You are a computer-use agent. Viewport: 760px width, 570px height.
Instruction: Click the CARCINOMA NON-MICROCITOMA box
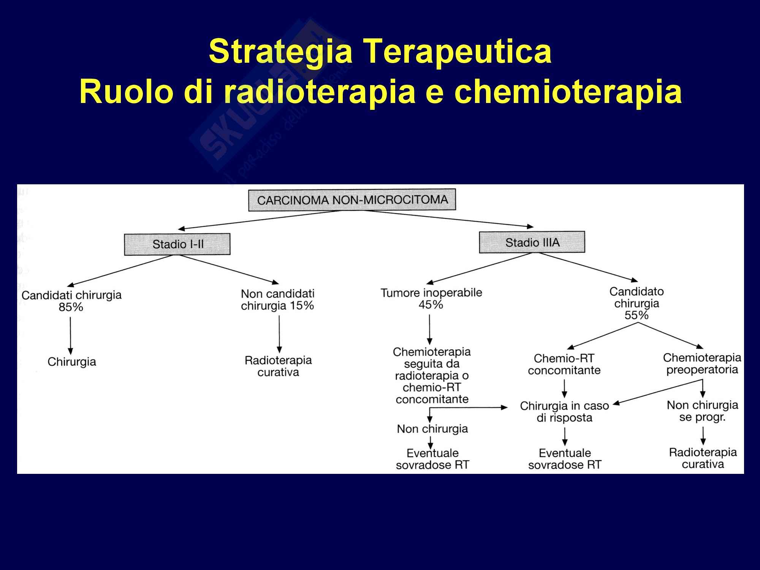(352, 200)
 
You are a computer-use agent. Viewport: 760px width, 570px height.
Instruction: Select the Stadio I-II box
(177, 244)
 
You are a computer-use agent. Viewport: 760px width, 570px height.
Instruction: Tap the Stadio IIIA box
(532, 242)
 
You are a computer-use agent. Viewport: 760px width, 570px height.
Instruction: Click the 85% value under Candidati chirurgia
(71, 307)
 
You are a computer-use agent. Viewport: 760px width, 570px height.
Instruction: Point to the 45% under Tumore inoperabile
(431, 305)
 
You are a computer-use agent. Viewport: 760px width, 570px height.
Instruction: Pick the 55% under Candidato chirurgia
(636, 315)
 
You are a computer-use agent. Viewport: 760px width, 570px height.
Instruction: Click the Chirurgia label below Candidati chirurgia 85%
(72, 362)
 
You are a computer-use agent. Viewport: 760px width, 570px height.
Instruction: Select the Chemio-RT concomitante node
(564, 364)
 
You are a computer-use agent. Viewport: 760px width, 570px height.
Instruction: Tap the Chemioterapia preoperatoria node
(702, 363)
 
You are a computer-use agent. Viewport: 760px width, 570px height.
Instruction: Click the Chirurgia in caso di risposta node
(564, 412)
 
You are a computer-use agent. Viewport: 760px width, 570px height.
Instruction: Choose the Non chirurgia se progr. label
(702, 411)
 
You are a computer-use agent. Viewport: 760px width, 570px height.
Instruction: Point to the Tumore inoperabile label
(431, 293)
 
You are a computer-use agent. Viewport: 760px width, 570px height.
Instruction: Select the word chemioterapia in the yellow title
(568, 92)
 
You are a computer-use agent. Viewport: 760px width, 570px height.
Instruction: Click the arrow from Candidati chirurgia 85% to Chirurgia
(70, 335)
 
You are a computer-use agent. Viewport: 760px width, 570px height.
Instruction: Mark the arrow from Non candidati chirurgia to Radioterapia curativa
(279, 334)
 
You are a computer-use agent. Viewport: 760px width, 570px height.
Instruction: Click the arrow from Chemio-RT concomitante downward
(565, 388)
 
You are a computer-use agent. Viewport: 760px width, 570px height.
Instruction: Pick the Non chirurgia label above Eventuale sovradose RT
(432, 429)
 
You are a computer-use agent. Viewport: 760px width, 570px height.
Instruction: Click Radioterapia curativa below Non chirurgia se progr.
(703, 458)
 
